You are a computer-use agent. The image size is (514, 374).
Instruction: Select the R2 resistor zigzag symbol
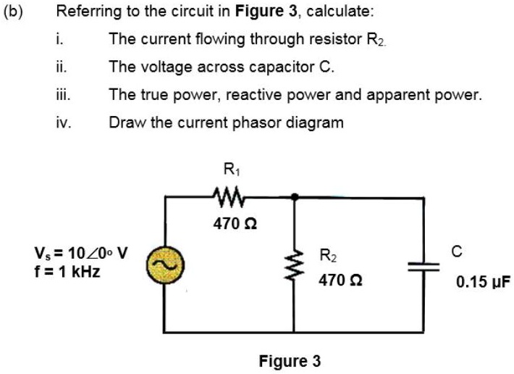[295, 265]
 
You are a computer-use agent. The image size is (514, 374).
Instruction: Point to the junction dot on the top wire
[295, 196]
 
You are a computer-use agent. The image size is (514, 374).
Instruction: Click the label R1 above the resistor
[231, 171]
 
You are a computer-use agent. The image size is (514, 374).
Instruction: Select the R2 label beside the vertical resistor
[327, 255]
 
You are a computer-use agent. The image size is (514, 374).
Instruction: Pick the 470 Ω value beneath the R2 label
[335, 279]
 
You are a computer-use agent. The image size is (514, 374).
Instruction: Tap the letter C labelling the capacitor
[455, 252]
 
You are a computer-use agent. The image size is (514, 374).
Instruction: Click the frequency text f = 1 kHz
[67, 272]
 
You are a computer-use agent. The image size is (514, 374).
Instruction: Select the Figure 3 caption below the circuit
[290, 360]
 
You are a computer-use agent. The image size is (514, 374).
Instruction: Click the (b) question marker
[13, 12]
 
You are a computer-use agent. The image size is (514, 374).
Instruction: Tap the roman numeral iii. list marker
[64, 94]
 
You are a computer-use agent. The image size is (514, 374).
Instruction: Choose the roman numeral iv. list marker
[64, 122]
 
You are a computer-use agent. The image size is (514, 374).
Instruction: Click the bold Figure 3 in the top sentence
[261, 12]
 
